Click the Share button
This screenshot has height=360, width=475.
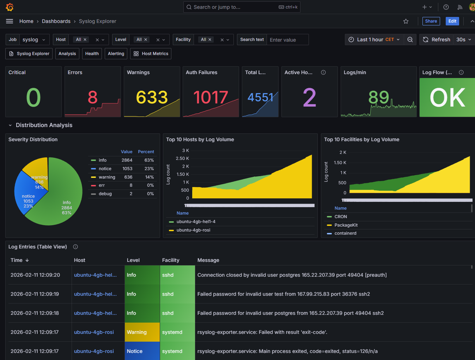431,21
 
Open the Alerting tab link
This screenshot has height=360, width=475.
116,54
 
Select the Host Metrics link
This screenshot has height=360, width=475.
151,54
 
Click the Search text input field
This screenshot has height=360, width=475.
287,40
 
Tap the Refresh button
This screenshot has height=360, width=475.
437,40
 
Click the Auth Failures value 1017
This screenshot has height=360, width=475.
211,97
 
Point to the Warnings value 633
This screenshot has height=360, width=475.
152,97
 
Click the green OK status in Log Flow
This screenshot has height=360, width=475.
447,97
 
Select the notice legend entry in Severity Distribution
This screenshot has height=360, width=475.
105,169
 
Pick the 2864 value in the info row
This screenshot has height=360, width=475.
127,160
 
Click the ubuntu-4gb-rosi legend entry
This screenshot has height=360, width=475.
193,230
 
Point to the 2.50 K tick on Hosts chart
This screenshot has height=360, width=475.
182,158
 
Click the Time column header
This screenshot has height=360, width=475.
17,260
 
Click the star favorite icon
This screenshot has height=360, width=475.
406,21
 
